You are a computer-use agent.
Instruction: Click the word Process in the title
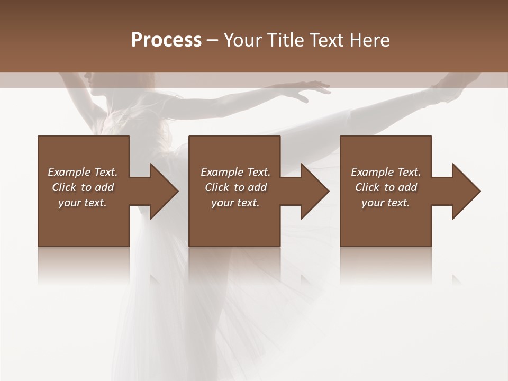click(x=166, y=40)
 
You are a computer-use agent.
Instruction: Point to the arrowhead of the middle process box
click(x=314, y=191)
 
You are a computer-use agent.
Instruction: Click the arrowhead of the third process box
click(x=465, y=191)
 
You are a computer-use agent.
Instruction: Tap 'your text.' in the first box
click(x=83, y=203)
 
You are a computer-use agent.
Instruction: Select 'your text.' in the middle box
click(x=235, y=203)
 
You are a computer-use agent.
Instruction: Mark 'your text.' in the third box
click(x=386, y=203)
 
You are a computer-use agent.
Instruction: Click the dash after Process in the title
click(x=213, y=40)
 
